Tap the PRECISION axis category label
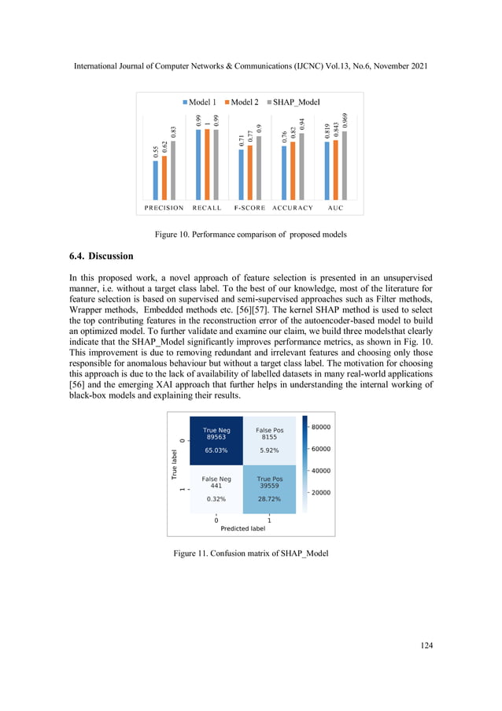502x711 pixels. click(x=164, y=208)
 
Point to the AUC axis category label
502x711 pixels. click(x=335, y=208)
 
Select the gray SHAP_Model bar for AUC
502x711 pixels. click(x=344, y=165)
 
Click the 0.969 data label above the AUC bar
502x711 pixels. click(x=345, y=123)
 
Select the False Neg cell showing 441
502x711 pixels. click(x=216, y=487)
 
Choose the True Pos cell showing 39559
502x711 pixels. click(x=269, y=487)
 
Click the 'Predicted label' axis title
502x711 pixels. click(x=242, y=529)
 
